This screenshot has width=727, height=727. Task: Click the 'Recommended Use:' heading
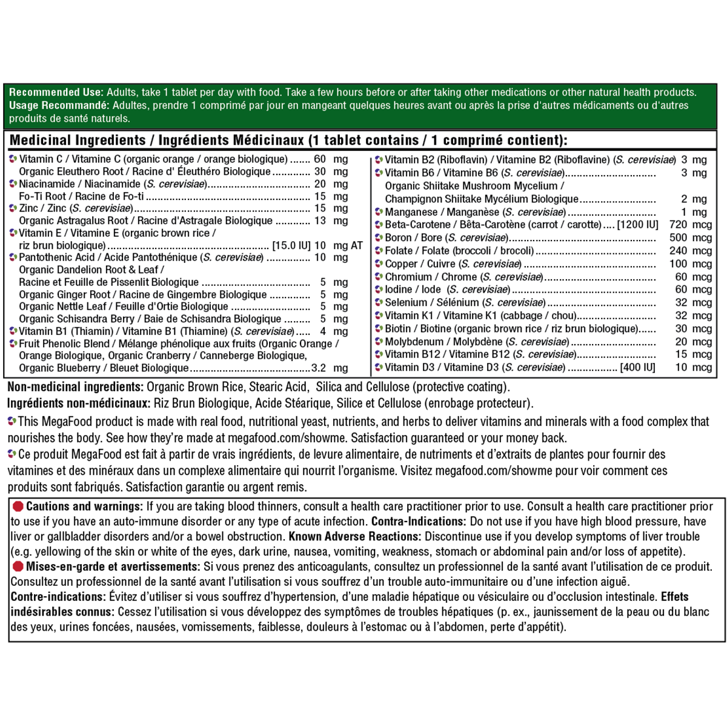(56, 93)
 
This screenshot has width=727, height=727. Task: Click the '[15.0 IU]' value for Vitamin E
(291, 245)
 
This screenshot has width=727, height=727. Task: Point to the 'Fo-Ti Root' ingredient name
(42, 196)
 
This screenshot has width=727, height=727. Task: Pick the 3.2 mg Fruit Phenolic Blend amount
(330, 368)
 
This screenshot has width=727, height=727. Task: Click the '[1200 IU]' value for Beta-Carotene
(637, 225)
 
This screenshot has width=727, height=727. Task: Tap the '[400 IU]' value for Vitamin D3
(637, 368)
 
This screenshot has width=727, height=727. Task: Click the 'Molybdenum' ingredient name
(414, 342)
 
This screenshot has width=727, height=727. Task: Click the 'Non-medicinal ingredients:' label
(75, 387)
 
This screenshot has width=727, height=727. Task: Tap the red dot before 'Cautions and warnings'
(18, 506)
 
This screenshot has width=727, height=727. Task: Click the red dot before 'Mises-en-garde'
(18, 566)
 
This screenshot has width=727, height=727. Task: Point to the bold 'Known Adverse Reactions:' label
(354, 537)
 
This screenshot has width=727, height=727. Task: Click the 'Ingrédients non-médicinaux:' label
(79, 403)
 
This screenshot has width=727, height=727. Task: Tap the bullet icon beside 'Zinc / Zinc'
(13, 208)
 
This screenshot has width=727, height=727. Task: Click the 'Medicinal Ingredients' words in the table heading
(78, 141)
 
